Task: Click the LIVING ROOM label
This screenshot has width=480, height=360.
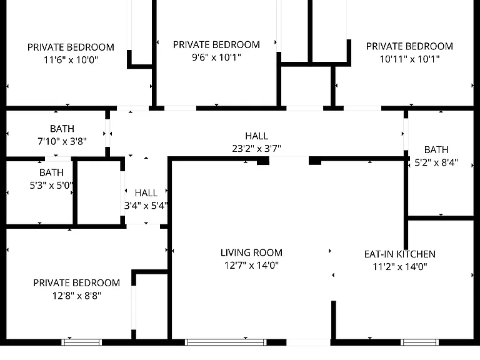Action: pyautogui.click(x=251, y=252)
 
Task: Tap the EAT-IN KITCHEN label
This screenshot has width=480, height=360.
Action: pyautogui.click(x=400, y=254)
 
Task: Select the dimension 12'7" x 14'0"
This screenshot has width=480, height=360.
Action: pyautogui.click(x=251, y=265)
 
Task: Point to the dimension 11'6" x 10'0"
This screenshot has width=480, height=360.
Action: pyautogui.click(x=71, y=60)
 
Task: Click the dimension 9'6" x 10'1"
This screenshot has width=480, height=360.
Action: pyautogui.click(x=216, y=57)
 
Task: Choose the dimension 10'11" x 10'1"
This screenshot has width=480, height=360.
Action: pyautogui.click(x=409, y=59)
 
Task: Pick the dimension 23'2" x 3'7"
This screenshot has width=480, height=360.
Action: pyautogui.click(x=256, y=149)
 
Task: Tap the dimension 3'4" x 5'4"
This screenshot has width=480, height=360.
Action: pyautogui.click(x=146, y=206)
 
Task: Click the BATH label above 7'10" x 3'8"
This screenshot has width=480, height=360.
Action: pyautogui.click(x=62, y=129)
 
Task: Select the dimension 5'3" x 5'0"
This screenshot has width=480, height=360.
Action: pyautogui.click(x=51, y=185)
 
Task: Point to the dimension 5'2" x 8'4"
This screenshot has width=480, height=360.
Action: pyautogui.click(x=436, y=162)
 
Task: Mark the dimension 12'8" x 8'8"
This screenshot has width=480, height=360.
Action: pyautogui.click(x=76, y=296)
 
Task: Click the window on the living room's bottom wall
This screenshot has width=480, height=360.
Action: pyautogui.click(x=226, y=342)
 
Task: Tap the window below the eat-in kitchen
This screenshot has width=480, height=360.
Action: pyautogui.click(x=420, y=342)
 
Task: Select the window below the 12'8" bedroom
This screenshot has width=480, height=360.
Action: pyautogui.click(x=82, y=342)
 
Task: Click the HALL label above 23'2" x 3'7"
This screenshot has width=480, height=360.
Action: pyautogui.click(x=256, y=136)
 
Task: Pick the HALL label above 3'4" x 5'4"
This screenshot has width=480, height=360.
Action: pyautogui.click(x=146, y=193)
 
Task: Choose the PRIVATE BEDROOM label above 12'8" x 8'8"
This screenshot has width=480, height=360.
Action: pyautogui.click(x=76, y=283)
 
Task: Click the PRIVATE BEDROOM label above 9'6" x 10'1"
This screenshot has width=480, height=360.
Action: pyautogui.click(x=216, y=45)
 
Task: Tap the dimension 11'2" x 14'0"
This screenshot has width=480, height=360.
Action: pyautogui.click(x=400, y=267)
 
